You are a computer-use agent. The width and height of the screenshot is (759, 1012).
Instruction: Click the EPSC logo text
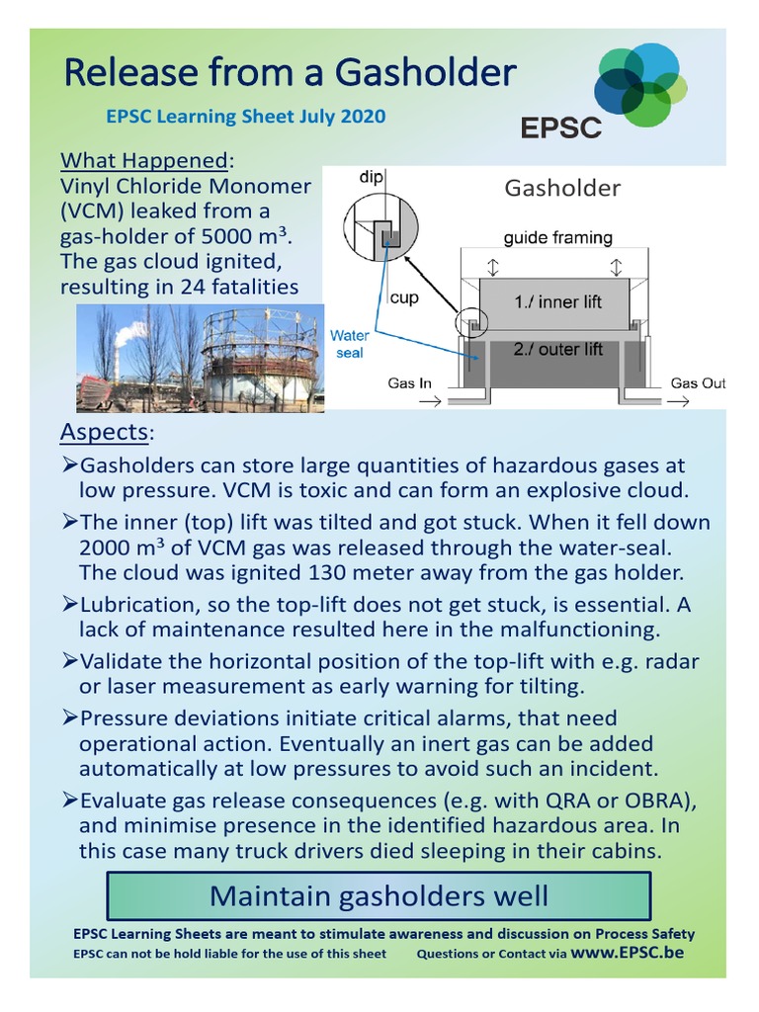[x=560, y=126]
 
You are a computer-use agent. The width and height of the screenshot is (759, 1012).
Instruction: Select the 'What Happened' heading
[x=144, y=160]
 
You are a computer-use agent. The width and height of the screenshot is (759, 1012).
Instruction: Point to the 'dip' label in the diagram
[x=371, y=177]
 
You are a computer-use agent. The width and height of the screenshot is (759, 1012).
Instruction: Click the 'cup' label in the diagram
[x=404, y=297]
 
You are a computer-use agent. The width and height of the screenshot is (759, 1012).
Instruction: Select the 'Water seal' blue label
[x=349, y=344]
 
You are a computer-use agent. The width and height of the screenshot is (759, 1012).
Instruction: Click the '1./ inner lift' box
[x=557, y=301]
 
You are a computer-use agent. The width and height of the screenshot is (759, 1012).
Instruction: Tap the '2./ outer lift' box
[x=557, y=349]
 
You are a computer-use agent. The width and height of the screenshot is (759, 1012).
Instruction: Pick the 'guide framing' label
[x=557, y=237]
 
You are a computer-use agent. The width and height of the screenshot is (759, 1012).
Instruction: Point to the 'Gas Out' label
[x=698, y=383]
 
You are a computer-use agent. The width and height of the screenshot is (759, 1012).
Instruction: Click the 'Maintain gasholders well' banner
[x=379, y=896]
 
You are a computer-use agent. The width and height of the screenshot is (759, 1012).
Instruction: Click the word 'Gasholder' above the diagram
[x=562, y=188]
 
